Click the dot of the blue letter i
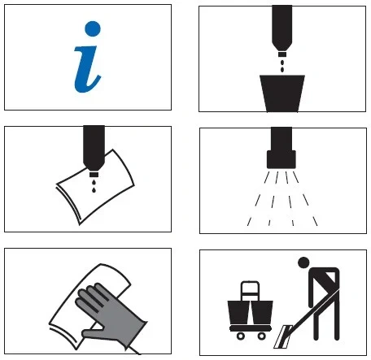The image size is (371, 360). click(x=93, y=28)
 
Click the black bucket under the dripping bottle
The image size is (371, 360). click(x=282, y=93)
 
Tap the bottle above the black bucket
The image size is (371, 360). click(x=282, y=28)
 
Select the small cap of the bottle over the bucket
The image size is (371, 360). click(x=282, y=54)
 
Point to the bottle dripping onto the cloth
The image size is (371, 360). click(x=94, y=148)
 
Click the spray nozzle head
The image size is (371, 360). click(x=282, y=160)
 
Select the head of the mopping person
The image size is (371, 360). click(x=303, y=262)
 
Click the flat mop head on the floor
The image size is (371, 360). click(x=282, y=336)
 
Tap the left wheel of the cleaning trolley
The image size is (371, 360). click(x=241, y=336)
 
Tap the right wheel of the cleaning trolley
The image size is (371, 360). click(x=262, y=336)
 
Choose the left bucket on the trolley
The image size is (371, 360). click(x=239, y=312)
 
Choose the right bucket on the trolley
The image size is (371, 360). click(x=262, y=312)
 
